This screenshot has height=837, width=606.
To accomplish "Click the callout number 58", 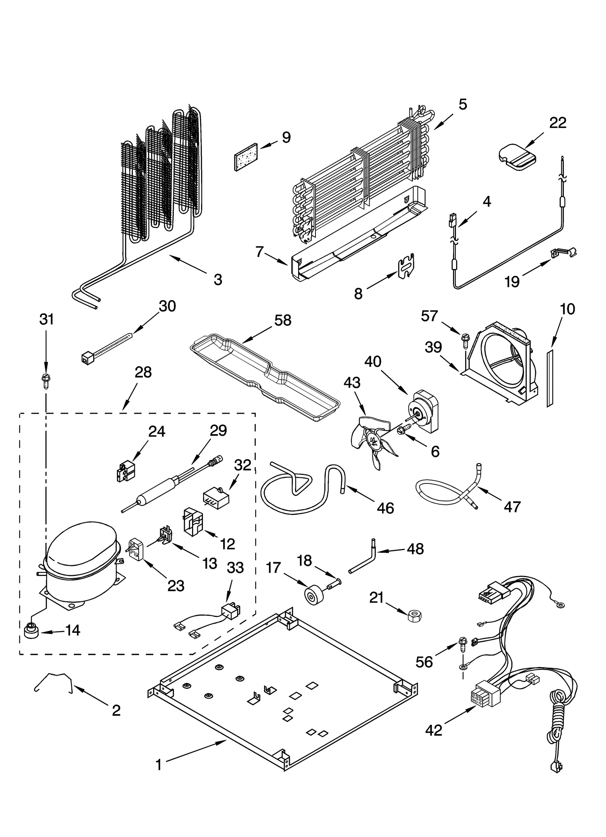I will tap(283, 321).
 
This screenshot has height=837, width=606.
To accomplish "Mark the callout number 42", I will tap(434, 730).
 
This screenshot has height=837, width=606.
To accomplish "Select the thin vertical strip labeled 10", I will tap(550, 379).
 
